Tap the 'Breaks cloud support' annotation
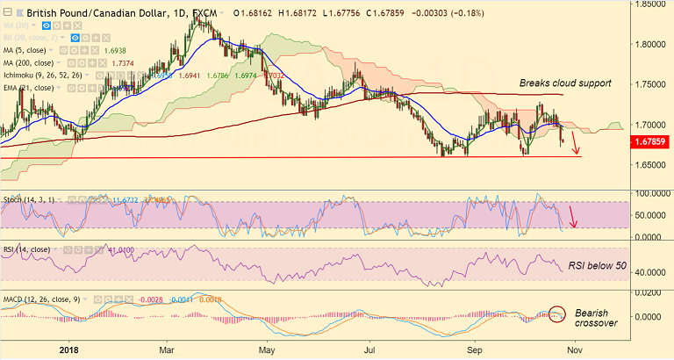click(565, 83)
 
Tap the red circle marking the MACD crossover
click(557, 313)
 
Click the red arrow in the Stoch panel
click(572, 216)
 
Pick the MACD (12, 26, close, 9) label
click(42, 300)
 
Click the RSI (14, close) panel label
click(26, 250)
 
